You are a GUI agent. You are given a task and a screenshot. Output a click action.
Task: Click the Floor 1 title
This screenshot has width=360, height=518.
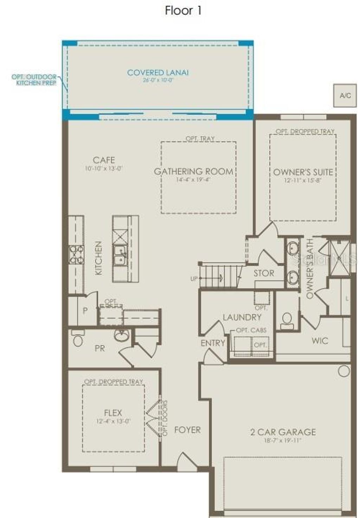coord(183,11)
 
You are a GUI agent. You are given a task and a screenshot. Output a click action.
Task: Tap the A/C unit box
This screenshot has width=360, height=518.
coord(345,95)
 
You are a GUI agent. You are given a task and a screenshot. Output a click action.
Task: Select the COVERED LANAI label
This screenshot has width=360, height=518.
coord(158,73)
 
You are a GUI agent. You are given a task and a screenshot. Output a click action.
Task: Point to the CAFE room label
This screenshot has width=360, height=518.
coord(104,160)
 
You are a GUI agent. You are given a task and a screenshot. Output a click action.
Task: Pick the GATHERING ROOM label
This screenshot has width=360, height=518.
coord(194,172)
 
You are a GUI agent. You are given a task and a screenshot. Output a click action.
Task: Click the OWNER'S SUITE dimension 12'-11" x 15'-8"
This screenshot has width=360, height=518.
coord(303,180)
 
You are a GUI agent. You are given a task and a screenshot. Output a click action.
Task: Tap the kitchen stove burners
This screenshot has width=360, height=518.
coord(76,255)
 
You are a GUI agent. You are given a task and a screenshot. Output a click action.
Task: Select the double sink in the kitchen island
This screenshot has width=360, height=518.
coord(120,255)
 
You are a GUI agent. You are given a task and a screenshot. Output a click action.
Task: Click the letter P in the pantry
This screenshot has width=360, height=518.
coord(85,311)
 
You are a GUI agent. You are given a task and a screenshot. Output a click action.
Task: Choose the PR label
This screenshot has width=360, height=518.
coord(100,348)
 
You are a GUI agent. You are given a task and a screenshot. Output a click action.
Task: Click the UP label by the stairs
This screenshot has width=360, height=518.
coord(194,279)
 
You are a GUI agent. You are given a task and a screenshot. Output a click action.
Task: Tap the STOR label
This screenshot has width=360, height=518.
coord(264,273)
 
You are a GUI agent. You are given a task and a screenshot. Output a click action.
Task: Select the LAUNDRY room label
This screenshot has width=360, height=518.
coord(242,317)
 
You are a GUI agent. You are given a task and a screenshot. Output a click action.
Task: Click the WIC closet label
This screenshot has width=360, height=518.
coord(320,340)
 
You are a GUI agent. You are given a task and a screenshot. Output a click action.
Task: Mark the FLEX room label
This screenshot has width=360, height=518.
coord(113,413)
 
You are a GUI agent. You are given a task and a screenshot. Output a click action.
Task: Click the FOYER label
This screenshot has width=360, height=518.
coord(187,430)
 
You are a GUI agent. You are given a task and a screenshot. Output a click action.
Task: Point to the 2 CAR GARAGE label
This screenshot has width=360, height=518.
coord(283,432)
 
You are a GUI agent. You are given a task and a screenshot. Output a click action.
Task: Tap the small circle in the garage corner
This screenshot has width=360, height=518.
coord(344,371)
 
